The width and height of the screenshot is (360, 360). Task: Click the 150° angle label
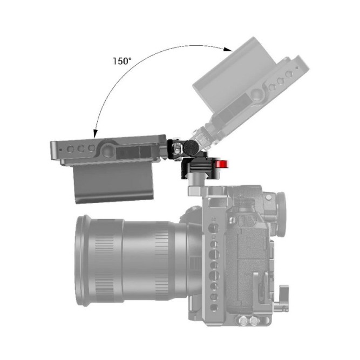(122, 60)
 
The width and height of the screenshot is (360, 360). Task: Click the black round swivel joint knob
(191, 147)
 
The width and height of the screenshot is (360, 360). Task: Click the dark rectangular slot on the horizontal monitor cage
(133, 154)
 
